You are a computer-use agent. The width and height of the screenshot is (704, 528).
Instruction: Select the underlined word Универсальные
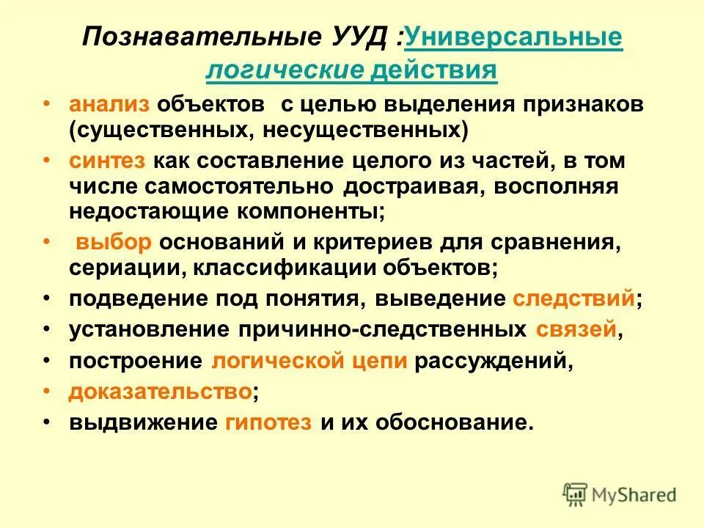[513, 37]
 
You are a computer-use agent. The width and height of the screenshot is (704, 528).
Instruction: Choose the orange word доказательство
[161, 392]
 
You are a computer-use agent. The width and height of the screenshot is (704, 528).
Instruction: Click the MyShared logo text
[635, 496]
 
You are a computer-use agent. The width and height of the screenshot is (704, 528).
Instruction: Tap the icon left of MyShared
[576, 496]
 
